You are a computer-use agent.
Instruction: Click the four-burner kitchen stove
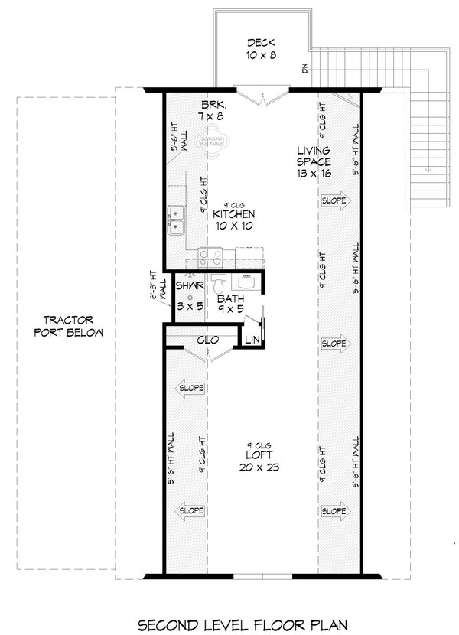pos(209,254)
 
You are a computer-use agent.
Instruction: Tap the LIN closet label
pos(252,339)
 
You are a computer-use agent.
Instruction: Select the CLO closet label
pos(205,339)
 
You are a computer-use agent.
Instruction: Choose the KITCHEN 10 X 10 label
pos(233,220)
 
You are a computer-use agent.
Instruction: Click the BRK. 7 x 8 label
pos(212,110)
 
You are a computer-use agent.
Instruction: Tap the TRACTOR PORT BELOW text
pos(68,327)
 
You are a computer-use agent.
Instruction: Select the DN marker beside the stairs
pos(304,70)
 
